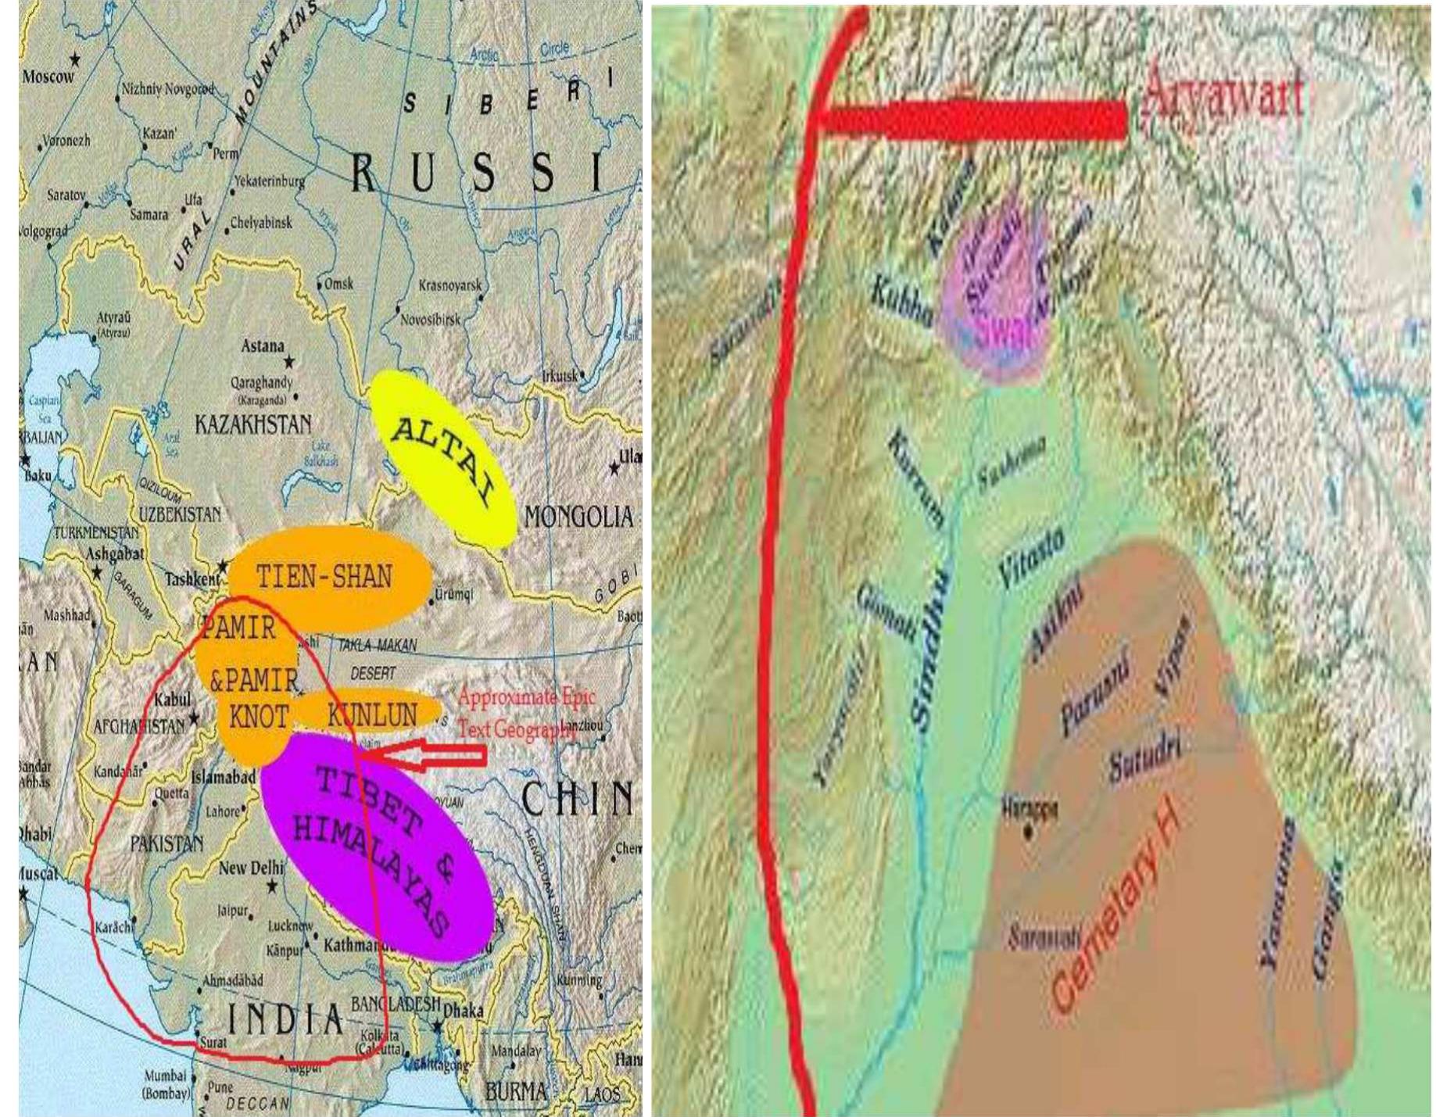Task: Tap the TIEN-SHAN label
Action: coord(324,577)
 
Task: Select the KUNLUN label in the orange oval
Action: coord(372,714)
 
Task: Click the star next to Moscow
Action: coord(75,59)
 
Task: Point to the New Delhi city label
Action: coord(251,868)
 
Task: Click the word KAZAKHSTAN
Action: coord(252,425)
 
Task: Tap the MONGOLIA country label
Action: coord(578,517)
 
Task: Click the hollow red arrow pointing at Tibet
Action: coord(426,755)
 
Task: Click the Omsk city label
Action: coord(338,284)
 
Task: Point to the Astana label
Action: coord(263,345)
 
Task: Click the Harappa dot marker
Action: coord(1027,832)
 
